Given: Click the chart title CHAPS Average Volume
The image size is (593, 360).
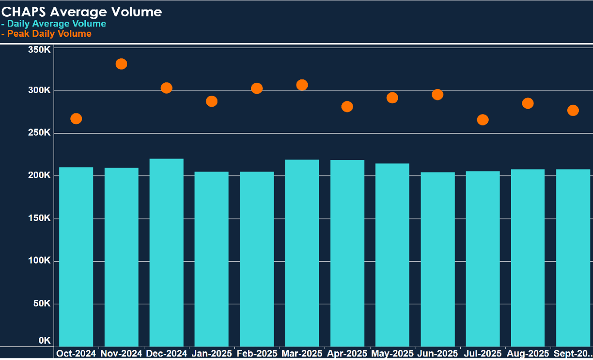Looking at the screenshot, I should (82, 12).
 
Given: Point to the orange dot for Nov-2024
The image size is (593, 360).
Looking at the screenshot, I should (122, 64).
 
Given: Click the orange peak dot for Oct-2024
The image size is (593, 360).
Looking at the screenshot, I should (76, 119).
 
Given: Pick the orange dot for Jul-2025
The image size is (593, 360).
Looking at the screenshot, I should (483, 120).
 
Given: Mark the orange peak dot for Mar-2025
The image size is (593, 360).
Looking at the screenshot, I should (302, 85).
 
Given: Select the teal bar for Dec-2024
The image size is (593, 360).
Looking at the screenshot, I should (166, 252).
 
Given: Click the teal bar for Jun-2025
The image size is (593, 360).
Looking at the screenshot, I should (437, 259).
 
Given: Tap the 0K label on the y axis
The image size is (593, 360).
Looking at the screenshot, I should (45, 341).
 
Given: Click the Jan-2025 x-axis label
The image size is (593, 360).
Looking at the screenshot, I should (212, 354).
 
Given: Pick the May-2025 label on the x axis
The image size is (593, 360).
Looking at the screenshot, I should (392, 354).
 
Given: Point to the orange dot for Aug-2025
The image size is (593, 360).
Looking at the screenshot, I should (528, 103).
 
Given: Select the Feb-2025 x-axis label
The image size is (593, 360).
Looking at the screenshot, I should (257, 354).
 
